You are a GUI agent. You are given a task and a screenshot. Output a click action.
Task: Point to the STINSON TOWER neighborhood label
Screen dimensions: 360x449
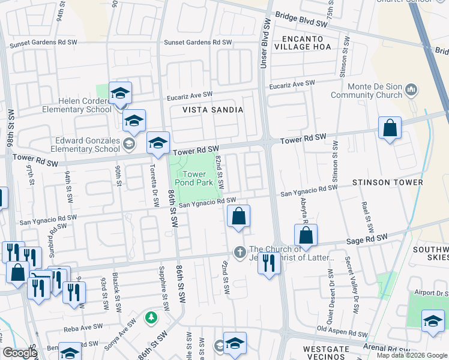coord(388,182)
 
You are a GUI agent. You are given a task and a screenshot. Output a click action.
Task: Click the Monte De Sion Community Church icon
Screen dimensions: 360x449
coord(411,91)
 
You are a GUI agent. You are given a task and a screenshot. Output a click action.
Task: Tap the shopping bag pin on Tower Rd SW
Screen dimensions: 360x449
coord(390,128)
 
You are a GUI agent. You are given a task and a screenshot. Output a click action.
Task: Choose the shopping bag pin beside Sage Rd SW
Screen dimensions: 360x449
coord(306,235)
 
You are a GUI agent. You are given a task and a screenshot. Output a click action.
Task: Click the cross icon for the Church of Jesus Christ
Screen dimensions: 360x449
coord(240,251)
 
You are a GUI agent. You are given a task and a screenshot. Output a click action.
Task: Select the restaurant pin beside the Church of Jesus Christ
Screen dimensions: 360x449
coord(269,262)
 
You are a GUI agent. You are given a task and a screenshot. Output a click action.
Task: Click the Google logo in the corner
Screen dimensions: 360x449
coord(19,353)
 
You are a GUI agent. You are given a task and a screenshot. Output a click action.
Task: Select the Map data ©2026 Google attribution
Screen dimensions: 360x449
coord(411,355)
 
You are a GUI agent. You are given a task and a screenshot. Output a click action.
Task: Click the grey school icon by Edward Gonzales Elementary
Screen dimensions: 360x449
coord(128,144)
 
